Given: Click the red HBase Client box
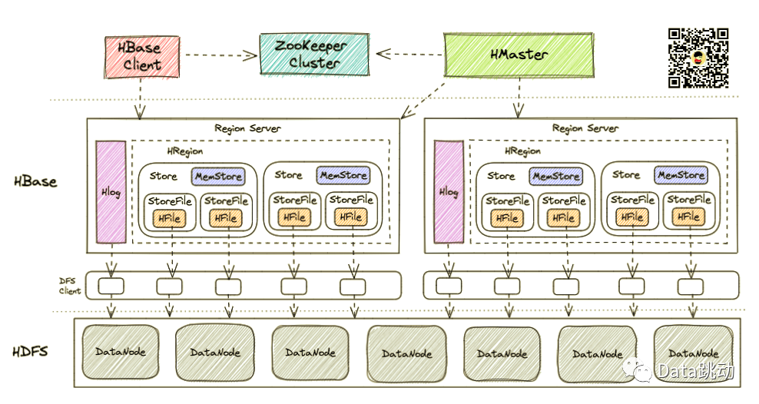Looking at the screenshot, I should [x=142, y=55].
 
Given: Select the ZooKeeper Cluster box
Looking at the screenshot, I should [x=315, y=54].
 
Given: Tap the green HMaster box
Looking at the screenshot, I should [x=519, y=55].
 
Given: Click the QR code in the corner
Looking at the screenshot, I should [x=698, y=58].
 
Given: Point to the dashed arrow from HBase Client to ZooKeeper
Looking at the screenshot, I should [x=220, y=55].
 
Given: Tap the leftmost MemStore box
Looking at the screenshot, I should [x=218, y=177].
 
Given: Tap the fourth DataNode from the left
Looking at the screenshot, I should [x=406, y=353].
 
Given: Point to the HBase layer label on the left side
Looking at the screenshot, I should [x=35, y=182].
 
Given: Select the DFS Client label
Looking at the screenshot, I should [x=70, y=286].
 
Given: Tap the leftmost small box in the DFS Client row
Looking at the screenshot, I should [x=111, y=286].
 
